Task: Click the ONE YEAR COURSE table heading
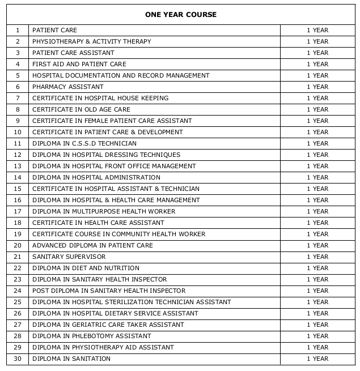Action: (181, 14)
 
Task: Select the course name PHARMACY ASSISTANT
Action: (68, 87)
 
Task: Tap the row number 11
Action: (18, 143)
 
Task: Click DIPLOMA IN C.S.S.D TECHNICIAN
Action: (84, 143)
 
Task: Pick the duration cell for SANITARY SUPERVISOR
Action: (317, 257)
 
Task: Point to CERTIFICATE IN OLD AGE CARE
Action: (81, 109)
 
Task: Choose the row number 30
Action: (18, 359)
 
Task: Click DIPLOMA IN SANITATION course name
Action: (71, 359)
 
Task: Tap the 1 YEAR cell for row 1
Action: (317, 30)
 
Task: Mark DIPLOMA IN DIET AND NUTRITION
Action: (86, 268)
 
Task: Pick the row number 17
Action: (18, 211)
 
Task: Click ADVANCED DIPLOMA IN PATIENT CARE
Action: (92, 245)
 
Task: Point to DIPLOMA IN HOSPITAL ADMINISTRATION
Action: (96, 177)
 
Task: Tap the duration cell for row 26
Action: (317, 313)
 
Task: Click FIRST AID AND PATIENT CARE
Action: (79, 64)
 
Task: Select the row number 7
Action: (18, 98)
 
